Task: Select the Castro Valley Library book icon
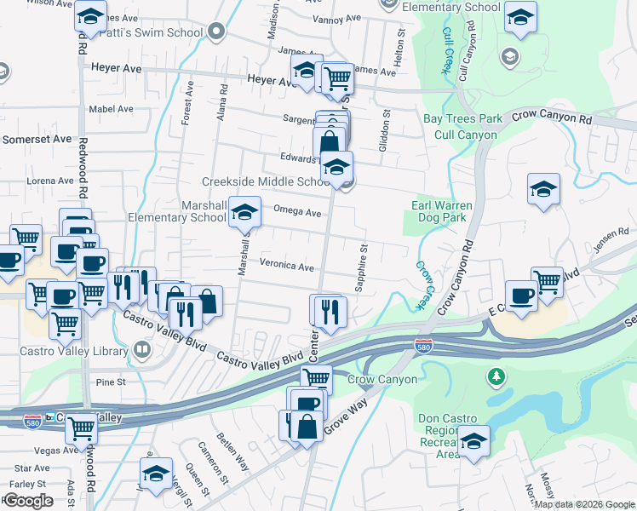click(142, 349)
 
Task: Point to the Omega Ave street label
click(296, 212)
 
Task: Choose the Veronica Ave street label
click(287, 266)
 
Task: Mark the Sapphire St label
click(362, 268)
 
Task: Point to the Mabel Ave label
click(112, 109)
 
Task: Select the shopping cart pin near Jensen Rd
click(547, 281)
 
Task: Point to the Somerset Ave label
click(37, 139)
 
